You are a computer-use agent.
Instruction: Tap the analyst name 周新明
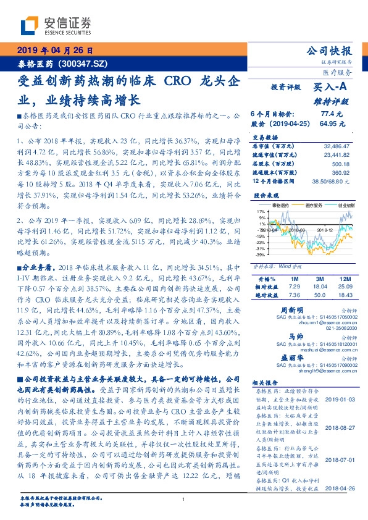(x=292, y=310)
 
